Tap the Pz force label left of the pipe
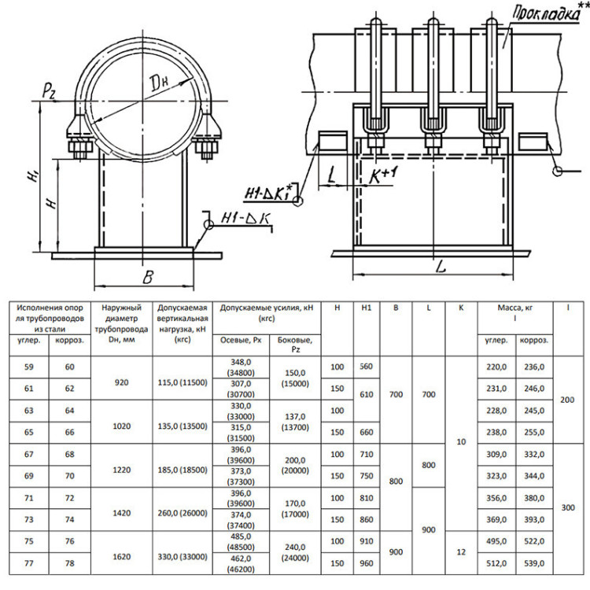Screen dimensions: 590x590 [50, 90]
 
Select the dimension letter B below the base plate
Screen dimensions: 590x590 [148, 278]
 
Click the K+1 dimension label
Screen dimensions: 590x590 [382, 175]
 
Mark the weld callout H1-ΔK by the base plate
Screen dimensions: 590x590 [246, 219]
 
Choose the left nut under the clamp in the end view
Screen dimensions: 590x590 [80, 148]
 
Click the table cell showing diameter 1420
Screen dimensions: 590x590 [121, 513]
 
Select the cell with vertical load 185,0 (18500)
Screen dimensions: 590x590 [183, 470]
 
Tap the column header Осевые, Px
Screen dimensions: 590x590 [241, 340]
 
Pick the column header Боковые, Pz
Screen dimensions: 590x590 [295, 345]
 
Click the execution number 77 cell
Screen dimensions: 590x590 [29, 563]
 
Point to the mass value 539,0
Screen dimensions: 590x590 [534, 563]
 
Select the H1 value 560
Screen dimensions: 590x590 [366, 367]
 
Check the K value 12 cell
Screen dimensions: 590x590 [461, 552]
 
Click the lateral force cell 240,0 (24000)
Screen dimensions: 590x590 [295, 552]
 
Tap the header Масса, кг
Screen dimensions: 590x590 [515, 308]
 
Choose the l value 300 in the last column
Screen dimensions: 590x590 [568, 507]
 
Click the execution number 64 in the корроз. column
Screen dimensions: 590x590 [69, 411]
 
